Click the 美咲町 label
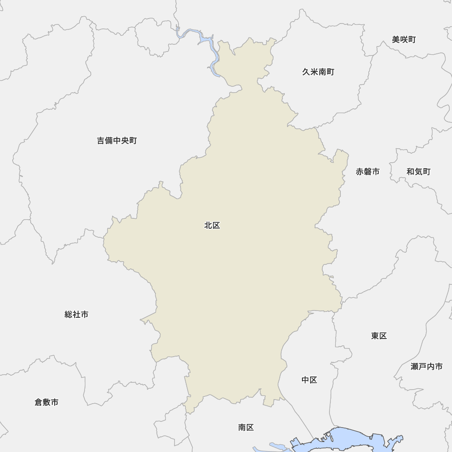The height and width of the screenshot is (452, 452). tap(404, 40)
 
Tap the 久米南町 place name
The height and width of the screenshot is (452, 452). tap(318, 72)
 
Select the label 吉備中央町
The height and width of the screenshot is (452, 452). tap(117, 141)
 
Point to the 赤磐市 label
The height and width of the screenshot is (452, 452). tap(367, 172)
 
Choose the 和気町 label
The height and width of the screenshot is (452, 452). tap(418, 172)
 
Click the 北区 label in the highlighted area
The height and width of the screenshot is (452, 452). tap(212, 226)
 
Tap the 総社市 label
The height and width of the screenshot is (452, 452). tap(76, 314)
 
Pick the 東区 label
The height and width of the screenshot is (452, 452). tap(379, 336)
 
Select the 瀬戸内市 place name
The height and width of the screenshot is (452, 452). tap(427, 367)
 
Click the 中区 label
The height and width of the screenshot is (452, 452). tap(309, 380)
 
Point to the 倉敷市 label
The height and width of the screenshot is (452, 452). tap(47, 402)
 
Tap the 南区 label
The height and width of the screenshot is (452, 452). tap(246, 427)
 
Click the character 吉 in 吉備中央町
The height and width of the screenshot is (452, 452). tap(101, 141)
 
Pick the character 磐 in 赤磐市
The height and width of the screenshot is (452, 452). tap(367, 172)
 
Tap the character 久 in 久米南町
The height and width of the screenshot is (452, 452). tap(306, 72)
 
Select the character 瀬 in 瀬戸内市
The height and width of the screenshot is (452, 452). tap(415, 367)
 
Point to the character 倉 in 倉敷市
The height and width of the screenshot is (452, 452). tap(38, 402)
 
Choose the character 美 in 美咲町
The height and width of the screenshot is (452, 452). tap(396, 40)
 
